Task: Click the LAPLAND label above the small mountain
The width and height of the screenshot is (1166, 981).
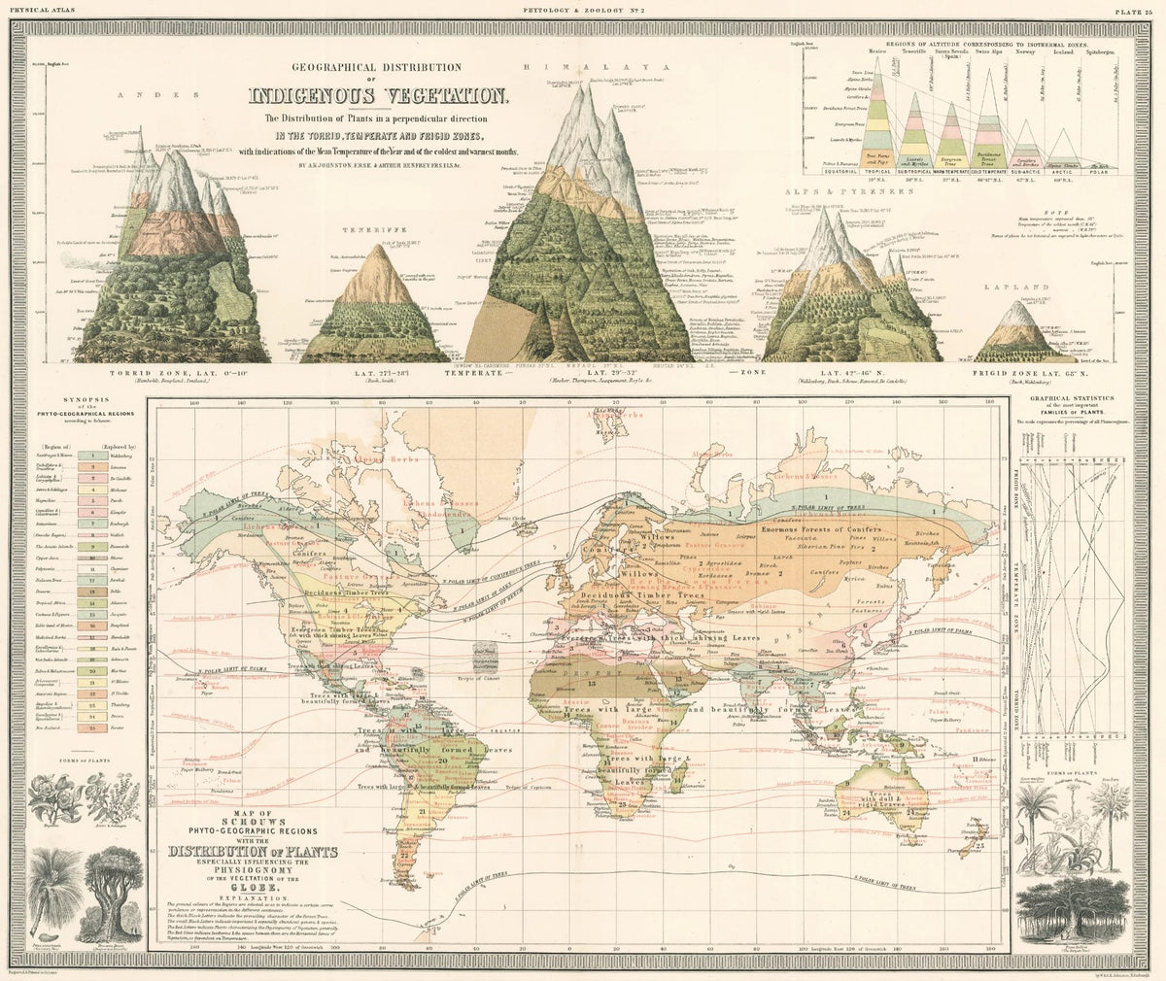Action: [x=1017, y=288]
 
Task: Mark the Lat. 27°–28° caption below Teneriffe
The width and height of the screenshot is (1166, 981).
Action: [x=378, y=372]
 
